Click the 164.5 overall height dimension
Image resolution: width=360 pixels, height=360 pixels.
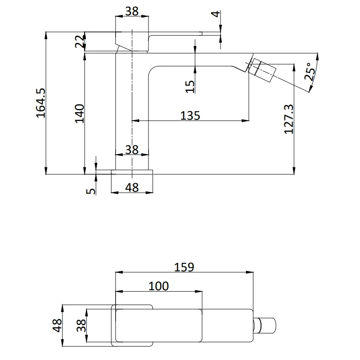(x=41, y=103)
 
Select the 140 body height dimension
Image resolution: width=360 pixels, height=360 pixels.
(x=80, y=114)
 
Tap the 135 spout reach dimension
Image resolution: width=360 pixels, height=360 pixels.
(x=190, y=116)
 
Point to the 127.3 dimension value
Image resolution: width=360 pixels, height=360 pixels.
(x=288, y=119)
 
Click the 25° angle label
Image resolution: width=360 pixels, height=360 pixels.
(x=310, y=72)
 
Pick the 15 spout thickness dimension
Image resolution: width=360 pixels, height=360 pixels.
(x=190, y=86)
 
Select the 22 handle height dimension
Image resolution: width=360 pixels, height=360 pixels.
(x=80, y=41)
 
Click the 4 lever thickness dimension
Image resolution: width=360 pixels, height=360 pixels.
(x=216, y=14)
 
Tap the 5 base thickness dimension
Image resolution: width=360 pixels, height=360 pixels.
(x=91, y=191)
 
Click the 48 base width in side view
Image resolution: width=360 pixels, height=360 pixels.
(x=132, y=188)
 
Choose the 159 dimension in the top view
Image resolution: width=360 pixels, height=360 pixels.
(x=184, y=267)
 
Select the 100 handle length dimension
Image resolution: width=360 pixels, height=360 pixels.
(x=159, y=286)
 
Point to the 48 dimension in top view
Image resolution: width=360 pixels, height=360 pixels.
(x=57, y=325)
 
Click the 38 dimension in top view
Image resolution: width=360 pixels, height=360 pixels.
(x=81, y=325)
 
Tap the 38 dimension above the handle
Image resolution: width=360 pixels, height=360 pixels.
(x=132, y=11)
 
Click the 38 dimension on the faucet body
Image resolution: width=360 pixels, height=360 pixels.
(x=132, y=150)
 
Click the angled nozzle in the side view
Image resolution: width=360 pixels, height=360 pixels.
(x=262, y=70)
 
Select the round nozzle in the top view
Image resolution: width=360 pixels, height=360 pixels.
(x=265, y=325)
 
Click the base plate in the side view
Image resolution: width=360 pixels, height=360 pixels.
(x=132, y=172)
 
